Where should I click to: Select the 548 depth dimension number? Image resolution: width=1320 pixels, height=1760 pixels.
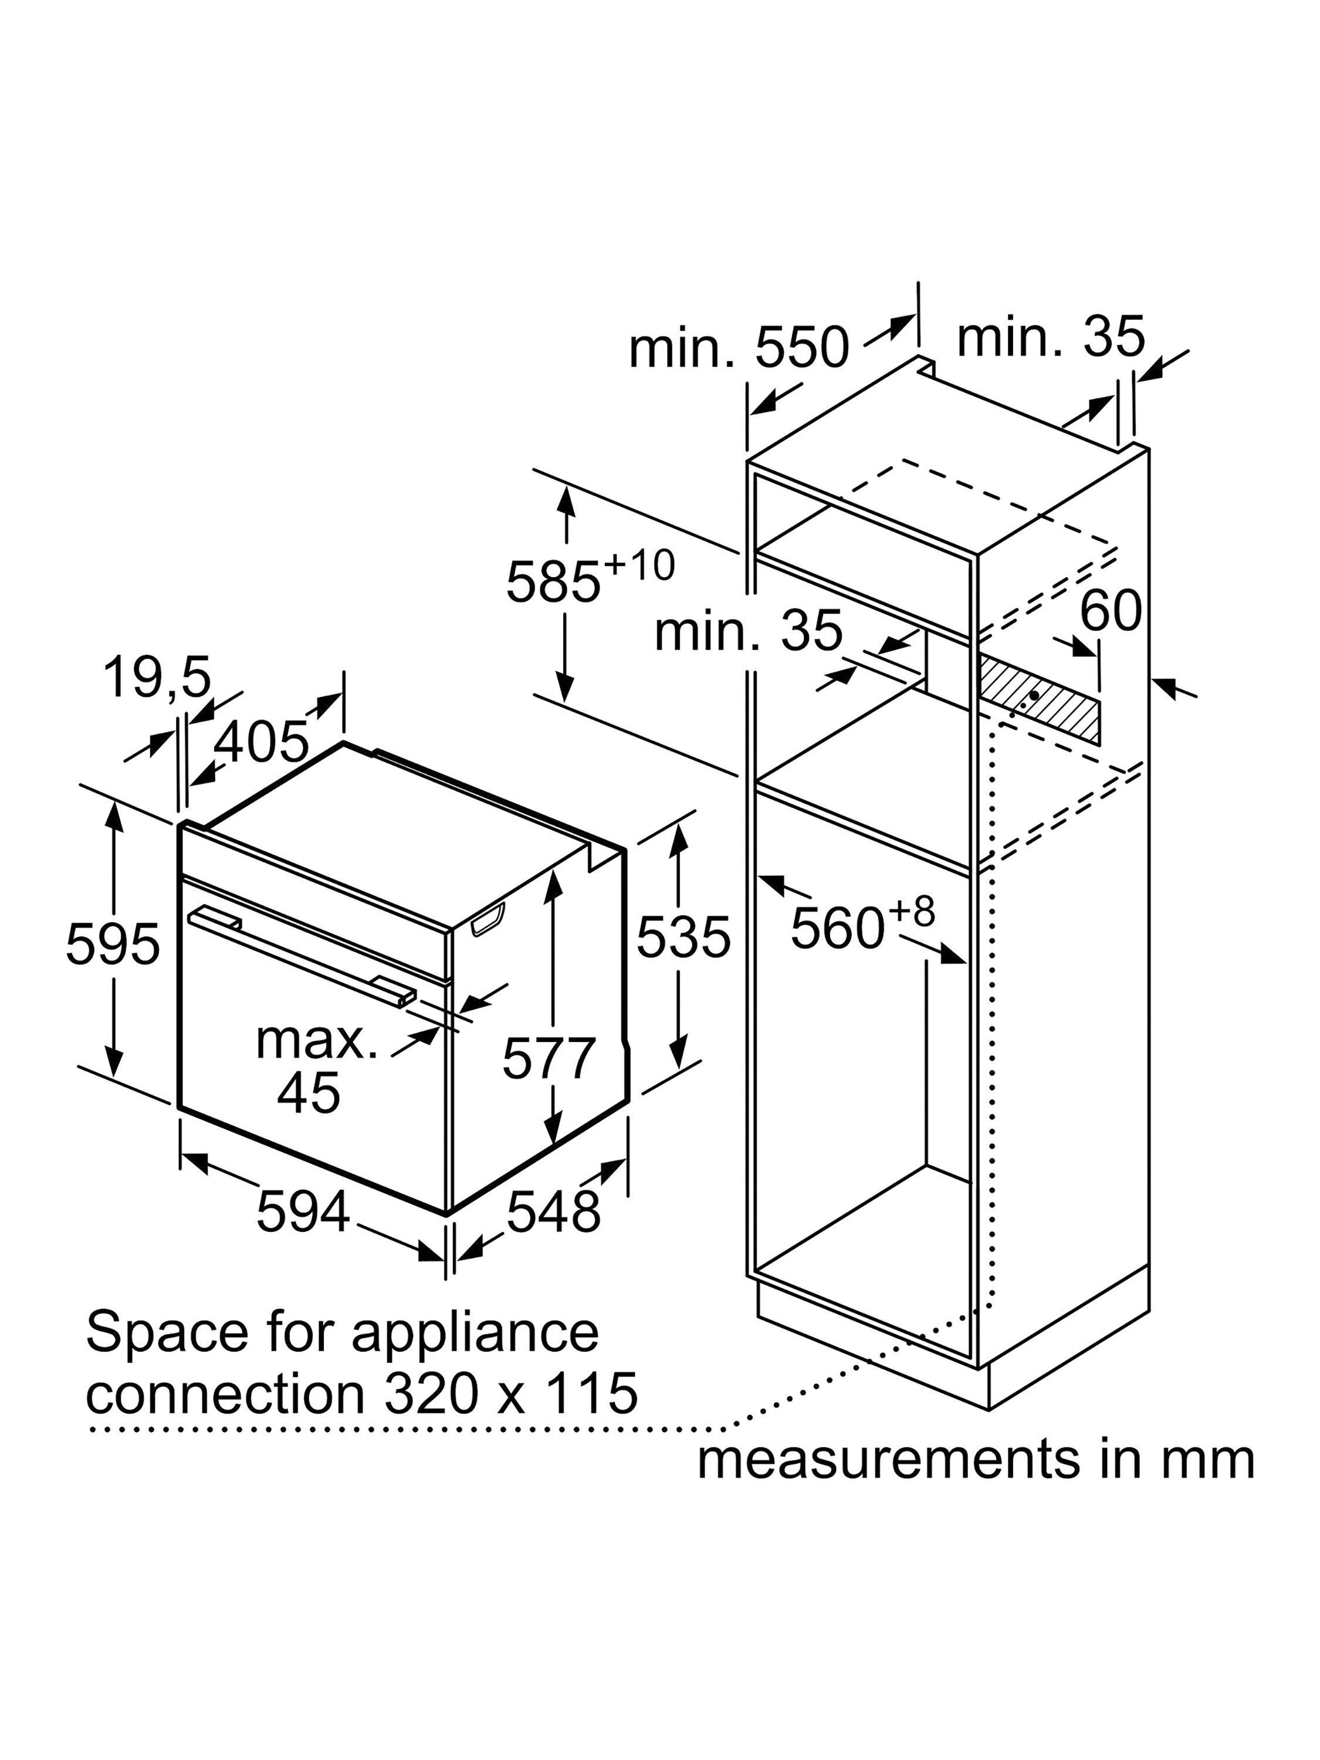click(x=554, y=1211)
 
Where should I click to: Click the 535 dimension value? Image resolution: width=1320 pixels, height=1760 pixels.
click(x=683, y=936)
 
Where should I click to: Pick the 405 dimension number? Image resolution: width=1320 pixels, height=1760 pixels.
click(x=262, y=742)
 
